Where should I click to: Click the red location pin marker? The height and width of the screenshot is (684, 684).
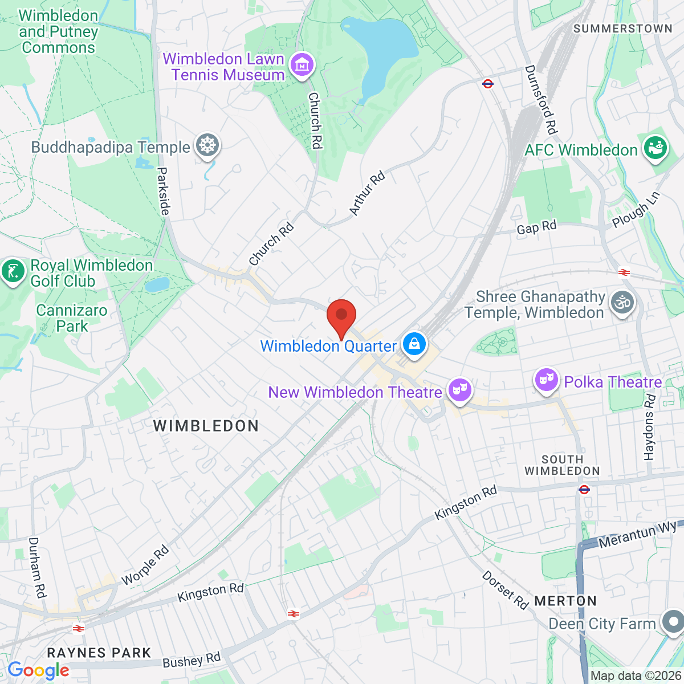(x=341, y=315)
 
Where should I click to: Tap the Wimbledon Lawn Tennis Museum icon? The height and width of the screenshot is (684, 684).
(x=302, y=65)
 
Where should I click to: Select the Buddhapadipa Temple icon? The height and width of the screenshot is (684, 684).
(x=207, y=146)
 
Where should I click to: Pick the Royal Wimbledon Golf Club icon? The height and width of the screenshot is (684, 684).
(x=13, y=271)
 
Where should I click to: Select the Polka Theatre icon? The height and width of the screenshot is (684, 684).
(x=546, y=380)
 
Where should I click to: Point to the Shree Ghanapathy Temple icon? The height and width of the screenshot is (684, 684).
(x=622, y=303)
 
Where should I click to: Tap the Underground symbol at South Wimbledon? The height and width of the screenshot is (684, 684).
(x=584, y=489)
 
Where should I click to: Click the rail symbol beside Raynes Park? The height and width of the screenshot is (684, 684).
(x=79, y=629)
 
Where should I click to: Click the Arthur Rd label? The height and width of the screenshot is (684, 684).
(x=367, y=193)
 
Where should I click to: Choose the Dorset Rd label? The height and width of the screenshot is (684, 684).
(x=505, y=589)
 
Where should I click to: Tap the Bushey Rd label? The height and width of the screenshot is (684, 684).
(x=192, y=660)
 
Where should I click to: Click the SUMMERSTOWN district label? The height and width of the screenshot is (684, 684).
(x=622, y=28)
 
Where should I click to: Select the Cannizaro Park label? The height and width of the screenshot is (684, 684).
(x=72, y=318)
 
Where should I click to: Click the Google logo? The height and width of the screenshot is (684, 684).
(x=38, y=671)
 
